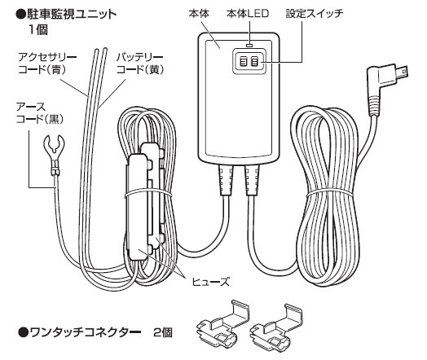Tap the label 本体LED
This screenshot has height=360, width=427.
coord(248,13)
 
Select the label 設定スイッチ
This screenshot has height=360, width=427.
coord(315,13)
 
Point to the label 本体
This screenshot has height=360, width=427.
coord(199,13)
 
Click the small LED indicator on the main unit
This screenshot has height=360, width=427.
coord(249,43)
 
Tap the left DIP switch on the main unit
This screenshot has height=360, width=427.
coord(243,62)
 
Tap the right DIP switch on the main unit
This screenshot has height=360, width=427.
coord(254,62)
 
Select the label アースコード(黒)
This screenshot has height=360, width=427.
coord(40,113)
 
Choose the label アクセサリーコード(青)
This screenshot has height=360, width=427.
coord(47,64)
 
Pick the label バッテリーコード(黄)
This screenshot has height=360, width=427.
coord(140,64)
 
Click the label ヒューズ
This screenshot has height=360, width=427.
coord(211,282)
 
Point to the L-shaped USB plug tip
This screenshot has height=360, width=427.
coord(403,72)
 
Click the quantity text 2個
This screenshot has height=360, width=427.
coord(163,332)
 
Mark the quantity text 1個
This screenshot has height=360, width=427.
coord(38,29)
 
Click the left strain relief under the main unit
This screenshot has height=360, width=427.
coord(226,181)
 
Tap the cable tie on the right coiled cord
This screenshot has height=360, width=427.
coord(329,193)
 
